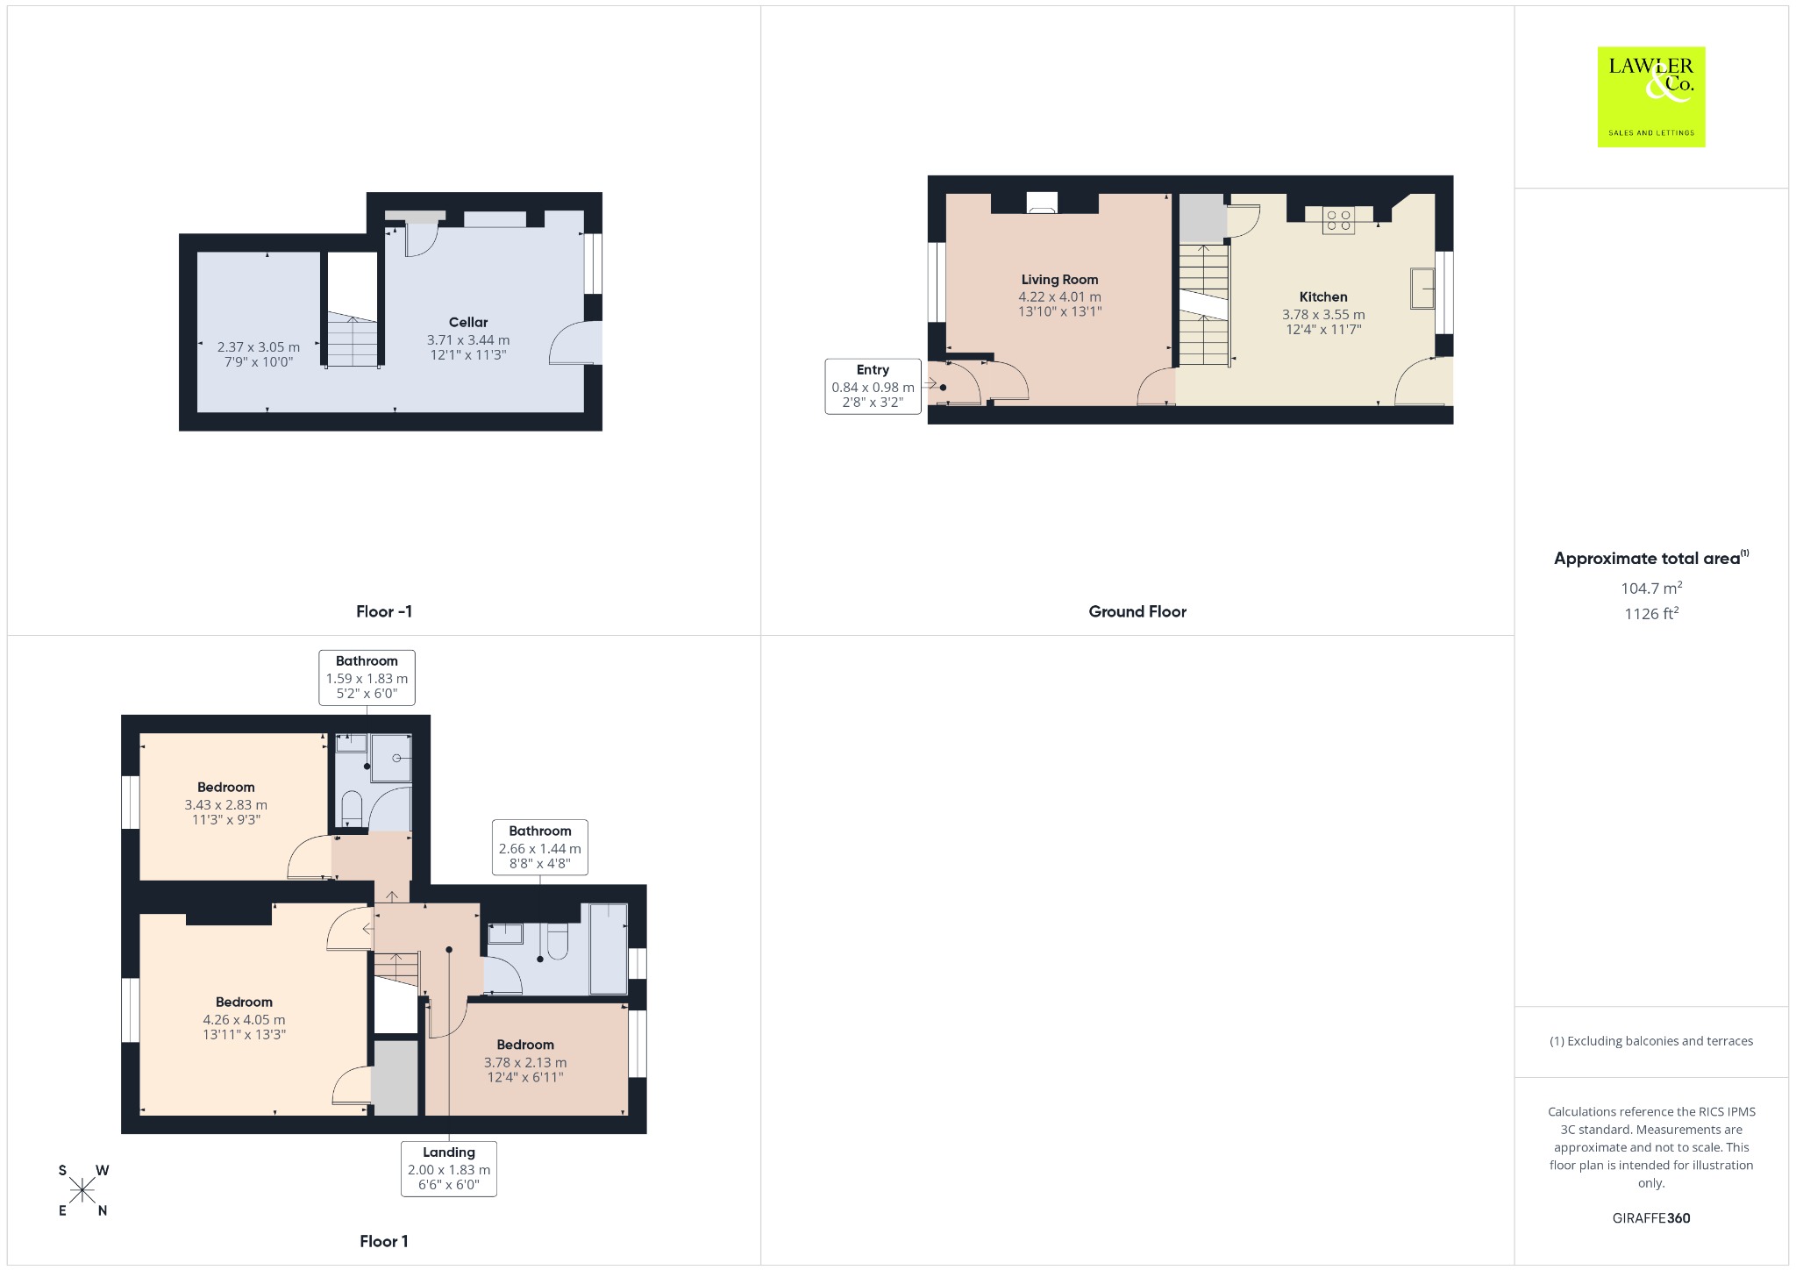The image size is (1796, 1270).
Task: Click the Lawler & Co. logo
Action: (x=1651, y=96)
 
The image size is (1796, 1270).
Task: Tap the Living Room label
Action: (x=1059, y=280)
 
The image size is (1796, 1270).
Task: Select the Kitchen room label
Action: (x=1323, y=297)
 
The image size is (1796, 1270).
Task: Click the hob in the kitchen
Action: (x=1338, y=220)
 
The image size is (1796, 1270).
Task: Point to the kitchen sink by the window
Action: (x=1422, y=288)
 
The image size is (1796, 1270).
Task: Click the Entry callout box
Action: (x=873, y=386)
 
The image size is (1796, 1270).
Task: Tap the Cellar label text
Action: (x=468, y=322)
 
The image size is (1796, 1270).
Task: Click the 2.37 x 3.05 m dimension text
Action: (x=259, y=347)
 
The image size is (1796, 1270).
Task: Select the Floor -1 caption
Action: (x=384, y=611)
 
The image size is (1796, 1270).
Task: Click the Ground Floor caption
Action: (x=1137, y=611)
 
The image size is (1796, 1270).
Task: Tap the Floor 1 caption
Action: (x=384, y=1241)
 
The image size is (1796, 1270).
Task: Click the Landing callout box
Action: (x=449, y=1168)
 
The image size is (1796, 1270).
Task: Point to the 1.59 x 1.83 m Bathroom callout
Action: (x=367, y=677)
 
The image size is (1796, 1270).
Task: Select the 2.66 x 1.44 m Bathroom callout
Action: (x=540, y=847)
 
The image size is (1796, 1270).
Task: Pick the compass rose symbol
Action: (x=83, y=1190)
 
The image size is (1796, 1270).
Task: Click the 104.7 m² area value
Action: (x=1651, y=588)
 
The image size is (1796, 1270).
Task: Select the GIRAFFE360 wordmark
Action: (x=1651, y=1217)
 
